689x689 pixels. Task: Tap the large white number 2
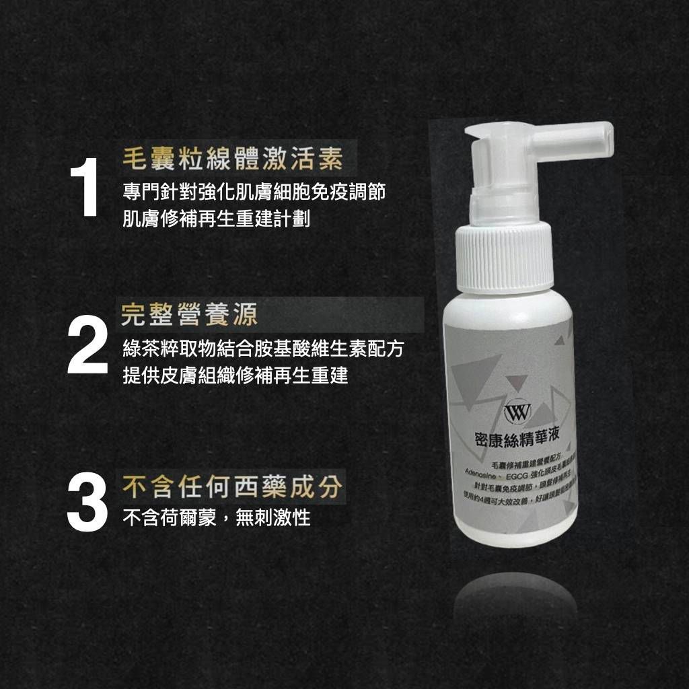point(87,347)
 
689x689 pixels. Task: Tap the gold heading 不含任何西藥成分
point(232,487)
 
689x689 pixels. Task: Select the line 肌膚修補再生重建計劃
point(216,219)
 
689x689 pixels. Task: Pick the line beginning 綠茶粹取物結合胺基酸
point(263,348)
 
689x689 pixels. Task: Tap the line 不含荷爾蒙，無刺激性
point(216,518)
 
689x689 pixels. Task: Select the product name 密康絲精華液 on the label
point(517,438)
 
